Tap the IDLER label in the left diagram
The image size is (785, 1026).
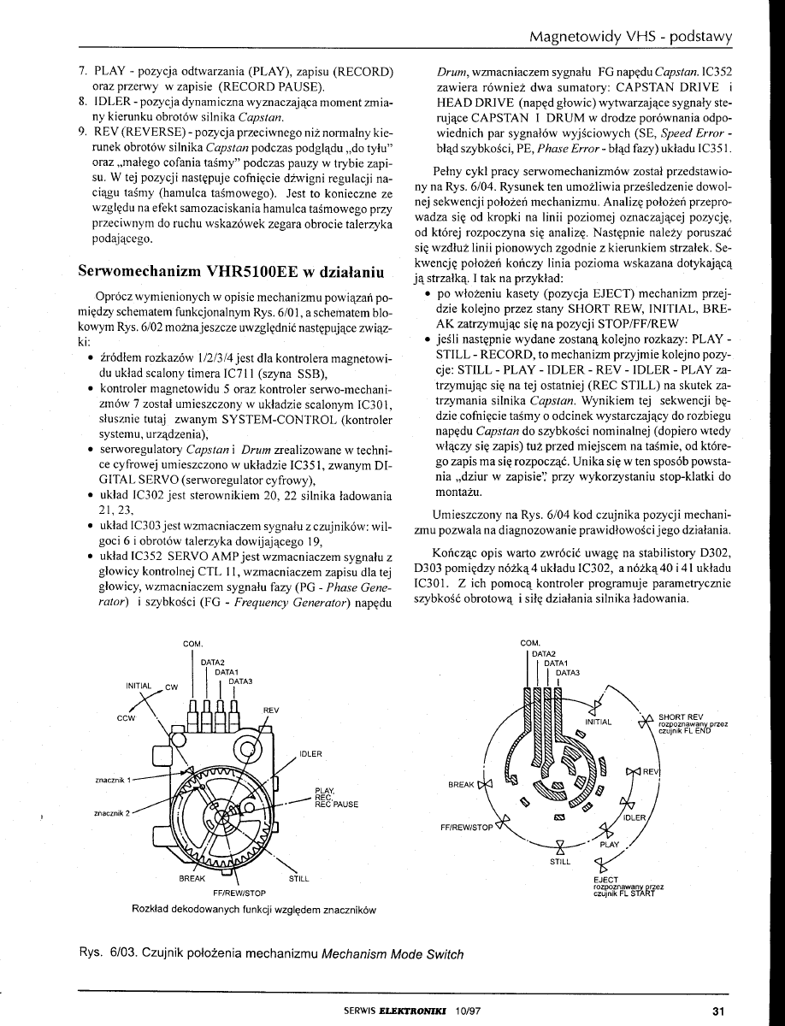pyautogui.click(x=310, y=753)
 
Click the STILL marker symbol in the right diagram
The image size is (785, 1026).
pyautogui.click(x=561, y=849)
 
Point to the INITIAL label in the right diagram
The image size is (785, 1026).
pyautogui.click(x=599, y=722)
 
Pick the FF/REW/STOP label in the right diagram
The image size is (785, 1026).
pyautogui.click(x=467, y=828)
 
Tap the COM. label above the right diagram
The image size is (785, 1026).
pyautogui.click(x=530, y=643)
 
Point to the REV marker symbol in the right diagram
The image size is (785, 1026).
pyautogui.click(x=634, y=772)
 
